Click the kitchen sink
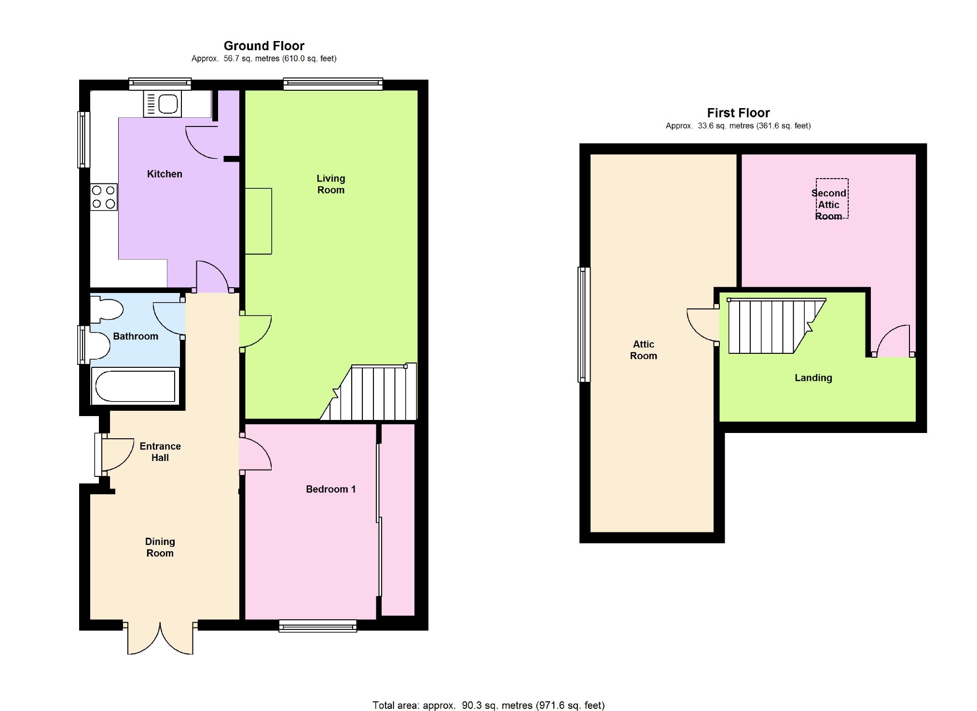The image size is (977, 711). tap(162, 104)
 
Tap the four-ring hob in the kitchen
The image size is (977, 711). tap(104, 197)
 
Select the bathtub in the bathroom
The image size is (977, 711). tap(135, 386)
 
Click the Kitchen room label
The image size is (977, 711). tap(165, 174)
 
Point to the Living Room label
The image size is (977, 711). tap(331, 184)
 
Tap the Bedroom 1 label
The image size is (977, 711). tap(331, 489)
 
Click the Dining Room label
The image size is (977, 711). tap(160, 547)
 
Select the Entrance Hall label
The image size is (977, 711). tap(160, 452)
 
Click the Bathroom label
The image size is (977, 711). tap(136, 336)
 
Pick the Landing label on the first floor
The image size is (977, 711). tap(813, 378)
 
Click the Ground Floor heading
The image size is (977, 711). tap(264, 46)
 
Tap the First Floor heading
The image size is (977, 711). tap(738, 113)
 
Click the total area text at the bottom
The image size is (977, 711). tap(488, 705)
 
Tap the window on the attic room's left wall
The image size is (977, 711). tap(584, 325)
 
